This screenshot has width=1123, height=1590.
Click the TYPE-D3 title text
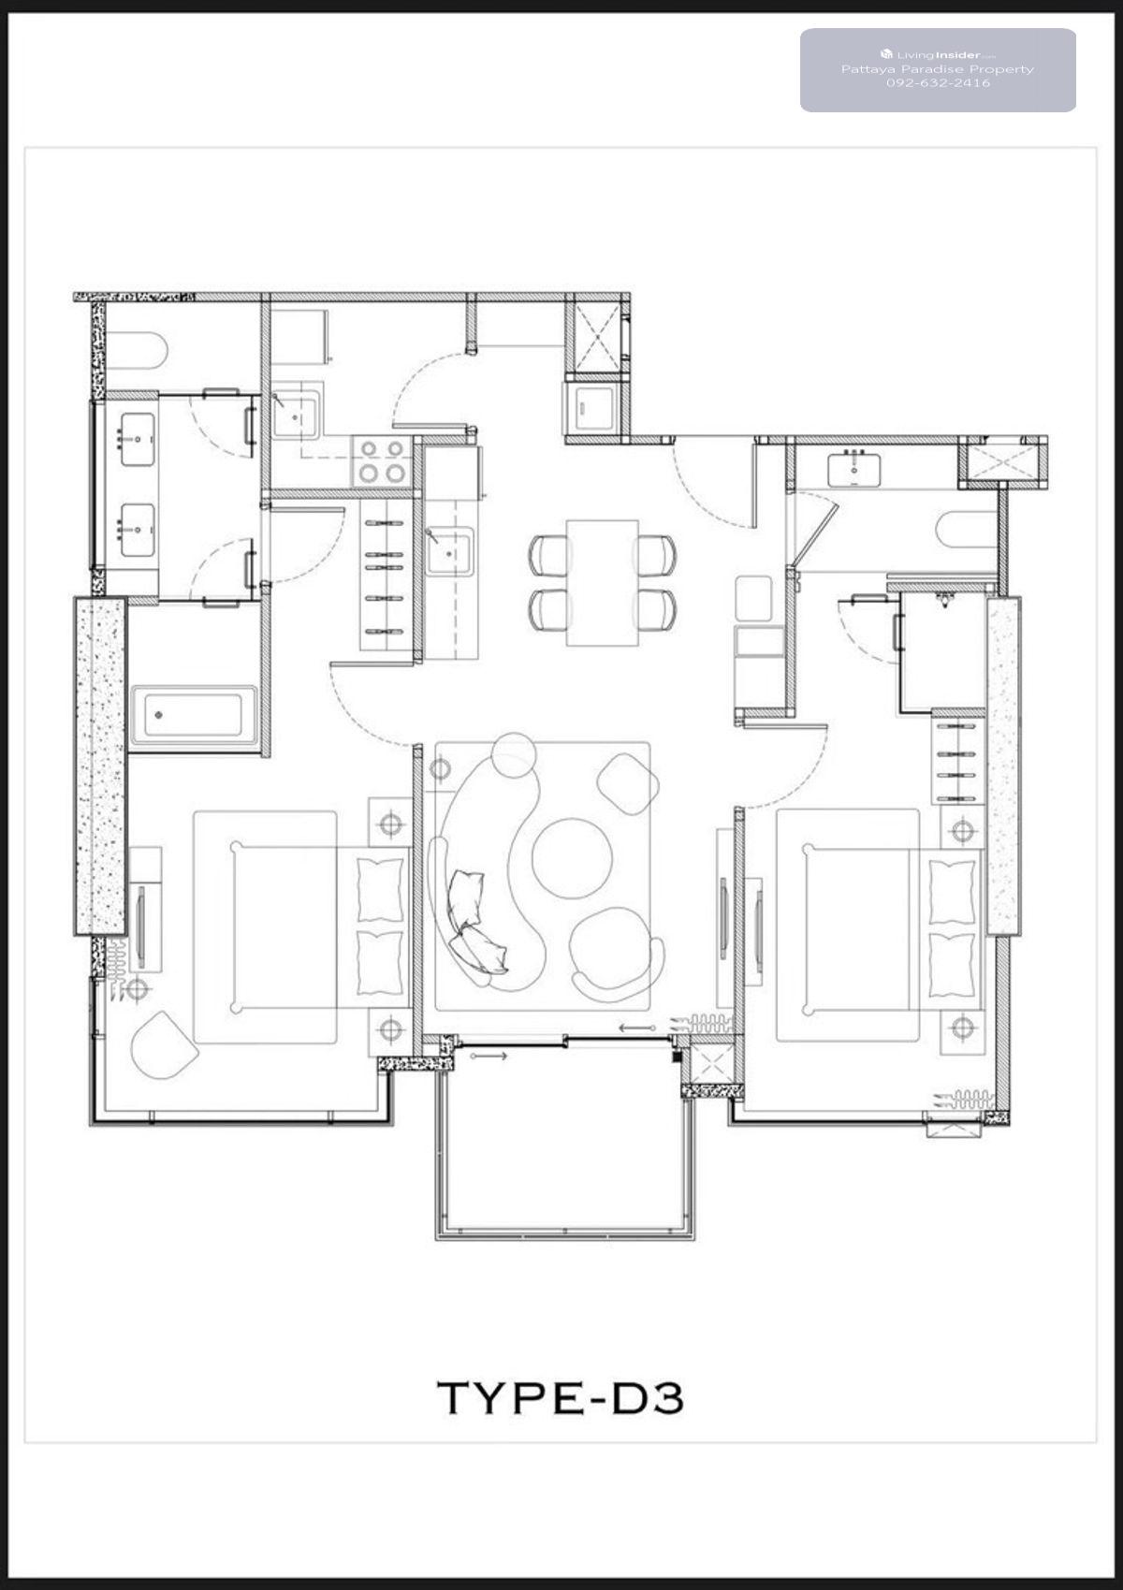click(560, 1397)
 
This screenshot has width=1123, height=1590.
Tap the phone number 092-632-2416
click(938, 82)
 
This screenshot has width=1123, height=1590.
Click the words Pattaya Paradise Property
click(938, 69)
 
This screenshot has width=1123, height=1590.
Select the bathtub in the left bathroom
click(193, 715)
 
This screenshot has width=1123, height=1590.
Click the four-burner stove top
click(383, 461)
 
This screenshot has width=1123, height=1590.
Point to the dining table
click(602, 583)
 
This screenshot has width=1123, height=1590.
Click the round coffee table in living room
click(572, 856)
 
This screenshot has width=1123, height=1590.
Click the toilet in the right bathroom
click(966, 529)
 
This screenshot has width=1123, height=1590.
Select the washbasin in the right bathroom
click(854, 470)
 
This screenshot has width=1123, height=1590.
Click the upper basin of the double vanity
click(138, 440)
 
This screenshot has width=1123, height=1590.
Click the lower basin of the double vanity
click(138, 530)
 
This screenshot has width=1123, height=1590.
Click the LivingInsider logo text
click(938, 54)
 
